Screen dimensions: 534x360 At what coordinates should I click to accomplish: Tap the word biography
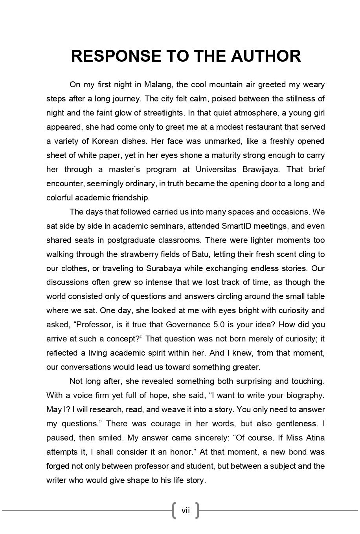(x=305, y=395)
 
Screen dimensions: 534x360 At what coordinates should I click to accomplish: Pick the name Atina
(x=315, y=438)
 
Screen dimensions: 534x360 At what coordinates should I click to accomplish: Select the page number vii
(x=186, y=510)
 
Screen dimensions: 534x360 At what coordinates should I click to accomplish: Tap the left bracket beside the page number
(x=174, y=510)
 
